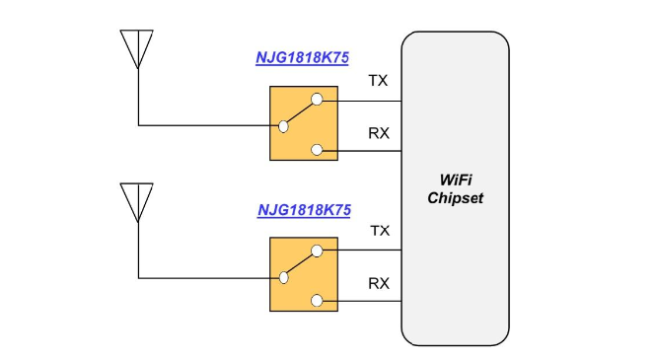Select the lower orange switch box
pyautogui.click(x=303, y=274)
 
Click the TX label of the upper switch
pyautogui.click(x=378, y=80)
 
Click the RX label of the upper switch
pyautogui.click(x=379, y=132)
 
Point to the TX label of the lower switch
pyautogui.click(x=379, y=231)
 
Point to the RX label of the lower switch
pyautogui.click(x=379, y=283)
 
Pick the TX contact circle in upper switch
pyautogui.click(x=316, y=100)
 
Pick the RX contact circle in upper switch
pyautogui.click(x=316, y=150)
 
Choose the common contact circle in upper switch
pyautogui.click(x=284, y=125)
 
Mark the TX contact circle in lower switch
pyautogui.click(x=316, y=251)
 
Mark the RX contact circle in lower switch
pyautogui.click(x=316, y=301)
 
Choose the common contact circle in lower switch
pyautogui.click(x=284, y=276)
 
